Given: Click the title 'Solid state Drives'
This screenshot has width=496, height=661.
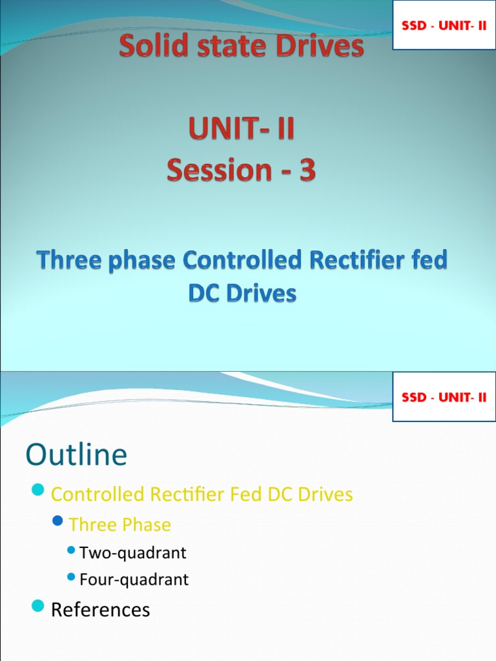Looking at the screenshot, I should pos(241,47).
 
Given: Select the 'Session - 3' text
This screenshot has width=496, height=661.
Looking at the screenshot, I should pos(241,170).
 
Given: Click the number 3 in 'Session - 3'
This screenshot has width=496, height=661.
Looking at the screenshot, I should pos(308,170).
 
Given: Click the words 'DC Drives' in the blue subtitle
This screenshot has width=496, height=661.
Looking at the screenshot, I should pos(242,294).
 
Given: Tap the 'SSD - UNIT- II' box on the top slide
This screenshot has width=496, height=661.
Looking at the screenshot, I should pos(444,25).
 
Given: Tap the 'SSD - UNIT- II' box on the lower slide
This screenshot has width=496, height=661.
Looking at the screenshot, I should pos(444,397).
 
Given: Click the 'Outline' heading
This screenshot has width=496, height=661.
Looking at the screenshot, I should pos(76,455).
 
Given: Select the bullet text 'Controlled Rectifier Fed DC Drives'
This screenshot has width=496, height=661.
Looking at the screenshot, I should pos(201,494).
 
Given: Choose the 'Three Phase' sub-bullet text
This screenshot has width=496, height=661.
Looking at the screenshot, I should pos(119,524).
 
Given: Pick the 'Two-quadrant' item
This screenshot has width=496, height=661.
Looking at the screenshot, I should pos(132,553).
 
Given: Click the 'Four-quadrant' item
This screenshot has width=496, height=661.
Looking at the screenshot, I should pos(134,580).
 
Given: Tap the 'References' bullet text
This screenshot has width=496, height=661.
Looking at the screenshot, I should pos(100,609).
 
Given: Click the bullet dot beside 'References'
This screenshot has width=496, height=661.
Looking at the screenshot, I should pos(38,606).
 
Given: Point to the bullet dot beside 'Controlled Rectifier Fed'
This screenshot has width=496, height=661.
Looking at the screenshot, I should pos(38,492).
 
